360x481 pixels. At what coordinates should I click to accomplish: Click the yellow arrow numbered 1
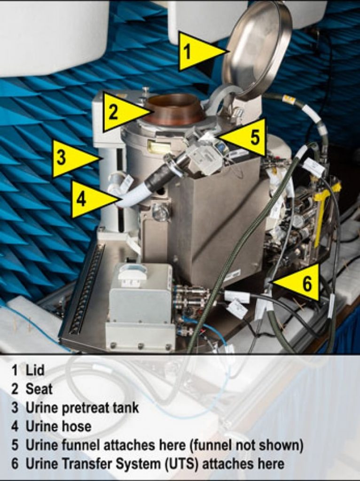pos(201,51)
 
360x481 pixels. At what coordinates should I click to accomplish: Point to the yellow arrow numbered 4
pos(94,199)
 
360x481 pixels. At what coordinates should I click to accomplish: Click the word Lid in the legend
pos(35,370)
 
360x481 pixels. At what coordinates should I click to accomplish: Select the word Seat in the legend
pos(39,388)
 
